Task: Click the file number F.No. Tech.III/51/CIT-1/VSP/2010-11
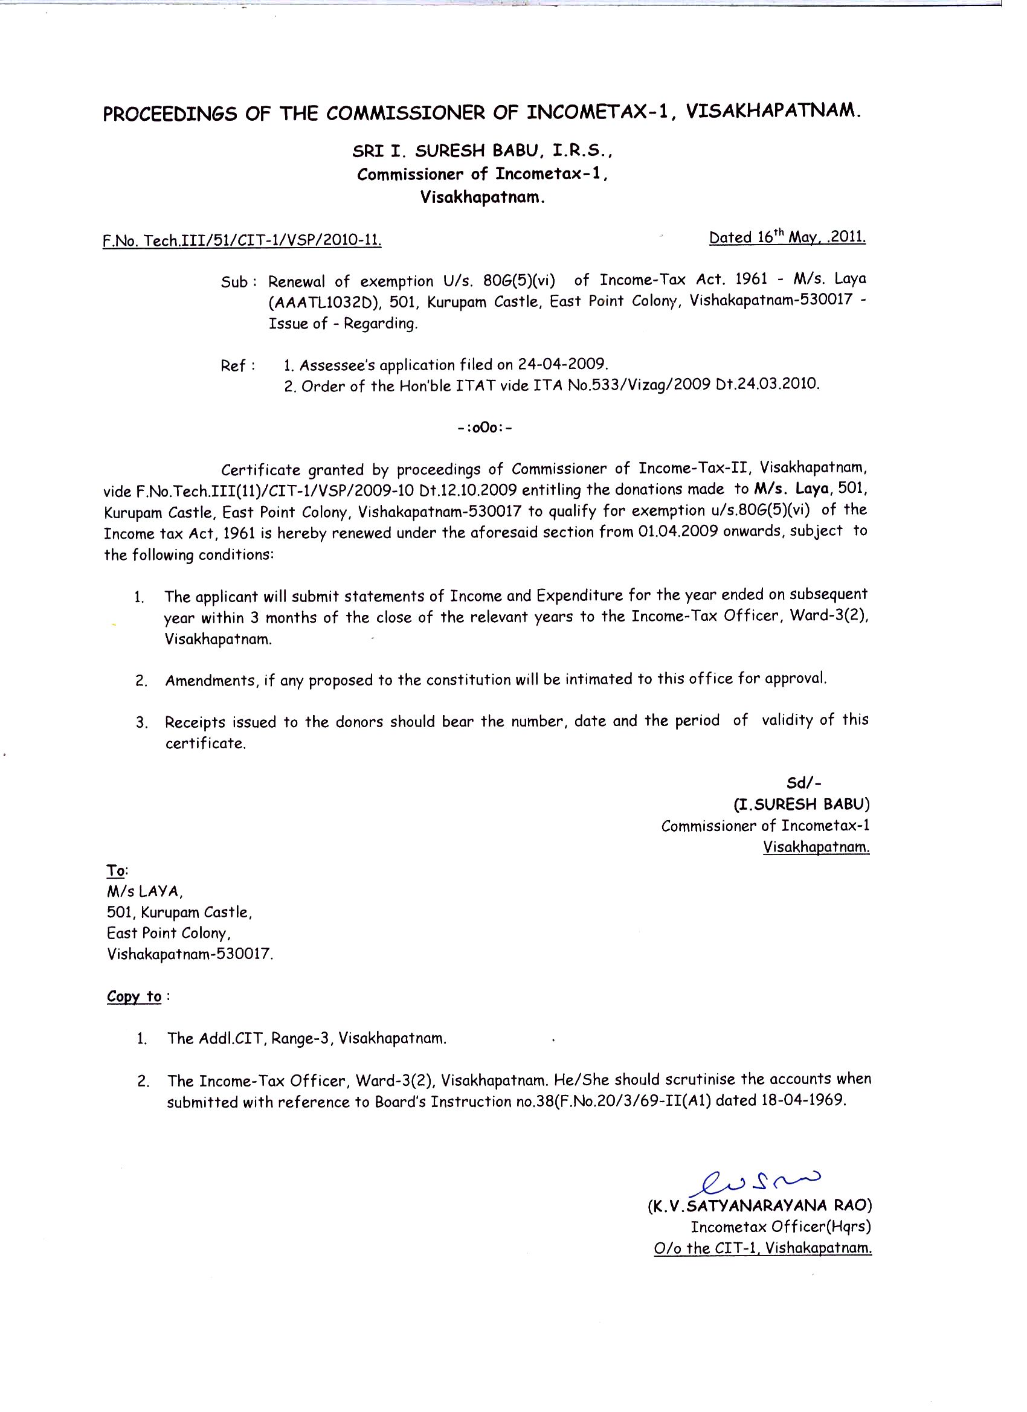(242, 240)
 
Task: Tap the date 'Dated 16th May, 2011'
(787, 237)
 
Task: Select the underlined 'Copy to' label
(135, 996)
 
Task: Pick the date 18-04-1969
(804, 1100)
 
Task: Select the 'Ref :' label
(238, 366)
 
